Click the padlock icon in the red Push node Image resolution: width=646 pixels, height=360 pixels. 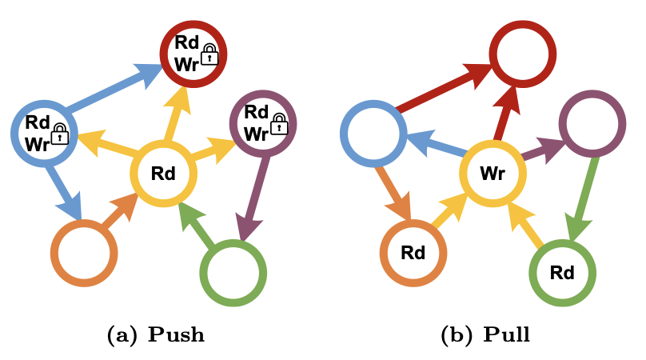coord(209,54)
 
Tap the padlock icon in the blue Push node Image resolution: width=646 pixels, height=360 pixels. coord(60,134)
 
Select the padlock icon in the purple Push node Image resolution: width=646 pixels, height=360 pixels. coord(278,123)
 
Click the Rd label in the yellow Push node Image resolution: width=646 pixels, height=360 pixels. coord(163,172)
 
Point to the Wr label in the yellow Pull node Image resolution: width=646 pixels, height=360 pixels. coord(492,173)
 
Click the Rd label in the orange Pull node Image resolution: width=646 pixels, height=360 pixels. coord(413,253)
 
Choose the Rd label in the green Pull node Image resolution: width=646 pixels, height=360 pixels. coord(562,272)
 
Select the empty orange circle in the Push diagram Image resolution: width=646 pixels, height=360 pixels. coord(84,253)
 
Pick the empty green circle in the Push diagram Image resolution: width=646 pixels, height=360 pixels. coord(233,272)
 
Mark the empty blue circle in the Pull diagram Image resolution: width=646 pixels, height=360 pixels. coord(373,133)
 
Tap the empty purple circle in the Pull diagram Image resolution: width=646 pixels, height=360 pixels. coord(592,123)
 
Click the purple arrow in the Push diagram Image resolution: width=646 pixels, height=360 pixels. coord(257,197)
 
